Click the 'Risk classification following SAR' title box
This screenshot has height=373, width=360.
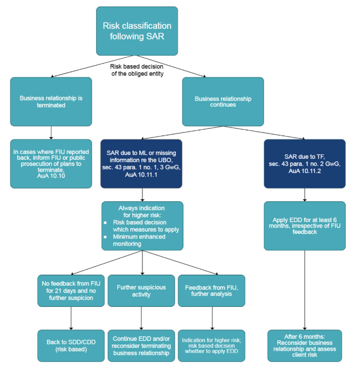click(137, 31)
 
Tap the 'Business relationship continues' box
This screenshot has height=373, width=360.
click(223, 101)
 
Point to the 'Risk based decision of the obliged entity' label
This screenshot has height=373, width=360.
click(137, 69)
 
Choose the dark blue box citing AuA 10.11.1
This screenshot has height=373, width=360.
click(142, 163)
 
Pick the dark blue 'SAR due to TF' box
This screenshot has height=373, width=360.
click(305, 163)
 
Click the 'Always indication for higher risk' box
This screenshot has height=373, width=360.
click(142, 225)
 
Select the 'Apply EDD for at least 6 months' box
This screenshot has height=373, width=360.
click(305, 225)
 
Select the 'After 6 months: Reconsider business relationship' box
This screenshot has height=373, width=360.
click(305, 345)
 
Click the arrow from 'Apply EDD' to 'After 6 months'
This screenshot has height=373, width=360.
click(305, 289)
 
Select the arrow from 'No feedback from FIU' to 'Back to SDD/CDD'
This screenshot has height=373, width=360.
click(70, 318)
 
